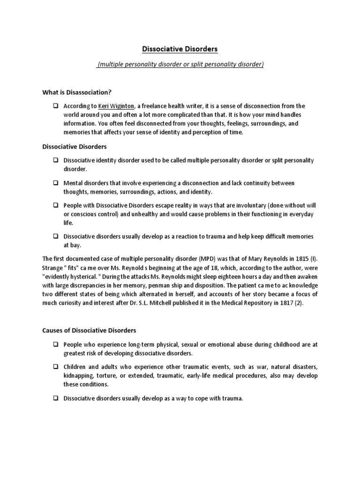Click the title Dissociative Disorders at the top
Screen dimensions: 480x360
[180, 49]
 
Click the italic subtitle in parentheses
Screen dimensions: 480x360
[180, 64]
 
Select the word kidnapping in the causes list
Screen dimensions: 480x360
[80, 376]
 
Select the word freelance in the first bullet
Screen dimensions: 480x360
[154, 106]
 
